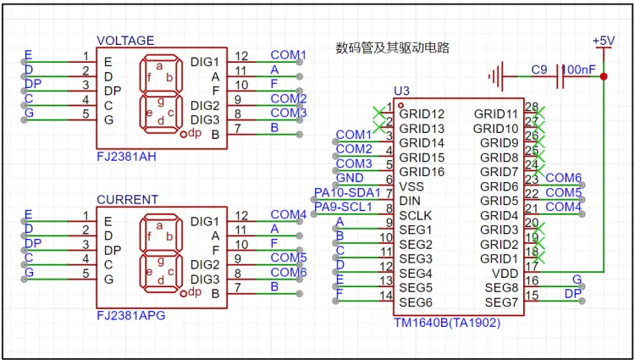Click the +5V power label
(604, 41)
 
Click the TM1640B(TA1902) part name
(447, 323)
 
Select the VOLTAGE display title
(125, 40)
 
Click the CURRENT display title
(127, 200)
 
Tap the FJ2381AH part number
(127, 158)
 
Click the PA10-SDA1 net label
(347, 192)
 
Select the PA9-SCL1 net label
(343, 207)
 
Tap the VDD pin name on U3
(505, 273)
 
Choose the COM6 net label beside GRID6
(563, 178)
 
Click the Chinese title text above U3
(392, 47)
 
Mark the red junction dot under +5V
(603, 76)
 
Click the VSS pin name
(411, 186)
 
